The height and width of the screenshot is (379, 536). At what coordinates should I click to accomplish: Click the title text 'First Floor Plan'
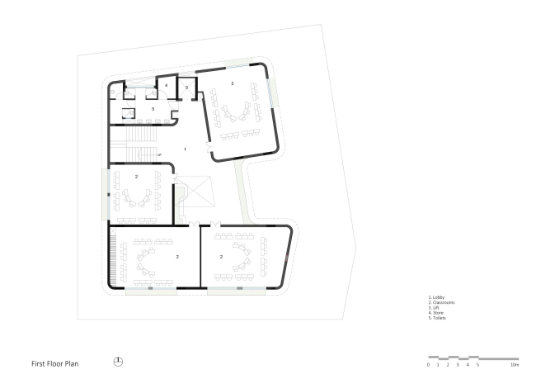55,362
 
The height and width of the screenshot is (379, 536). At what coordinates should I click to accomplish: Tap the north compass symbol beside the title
118,362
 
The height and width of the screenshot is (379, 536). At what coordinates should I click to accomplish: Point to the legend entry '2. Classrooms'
441,302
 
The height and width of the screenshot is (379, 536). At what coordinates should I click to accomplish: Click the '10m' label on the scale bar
514,364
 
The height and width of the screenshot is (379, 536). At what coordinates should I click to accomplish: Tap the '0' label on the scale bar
428,364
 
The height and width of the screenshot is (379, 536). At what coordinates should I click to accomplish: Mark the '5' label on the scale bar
477,364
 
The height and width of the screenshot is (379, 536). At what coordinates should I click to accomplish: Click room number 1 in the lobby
186,149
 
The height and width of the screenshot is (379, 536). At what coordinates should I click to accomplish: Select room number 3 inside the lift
186,87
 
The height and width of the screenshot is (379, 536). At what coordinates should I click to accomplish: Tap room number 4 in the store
166,85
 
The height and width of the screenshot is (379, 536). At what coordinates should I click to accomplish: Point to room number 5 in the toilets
153,108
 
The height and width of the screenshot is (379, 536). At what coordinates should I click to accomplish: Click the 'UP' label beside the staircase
158,154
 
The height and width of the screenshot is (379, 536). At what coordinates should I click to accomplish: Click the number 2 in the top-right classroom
233,83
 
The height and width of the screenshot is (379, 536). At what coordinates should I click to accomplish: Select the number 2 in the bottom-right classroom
222,257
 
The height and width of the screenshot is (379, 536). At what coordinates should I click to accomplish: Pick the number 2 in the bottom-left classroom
177,257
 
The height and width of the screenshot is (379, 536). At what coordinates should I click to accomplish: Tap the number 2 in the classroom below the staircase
137,176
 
